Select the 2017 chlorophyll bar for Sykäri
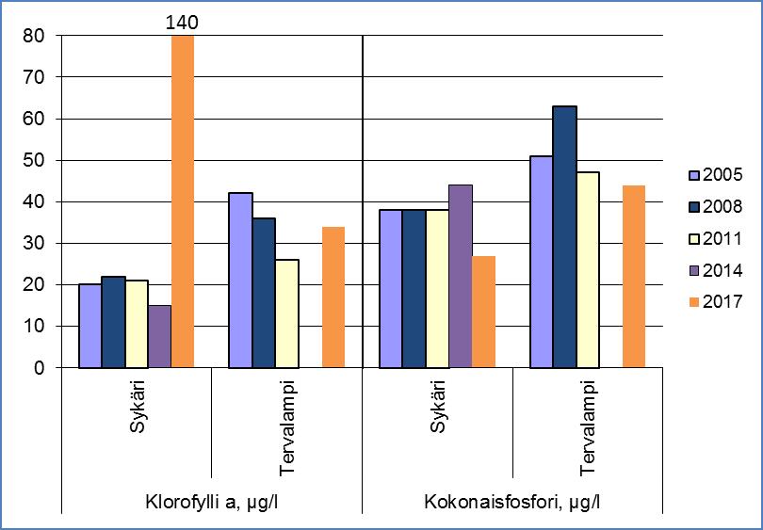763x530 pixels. point(182,201)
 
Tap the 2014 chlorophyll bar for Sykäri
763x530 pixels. point(159,336)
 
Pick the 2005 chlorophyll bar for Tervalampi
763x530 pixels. point(240,280)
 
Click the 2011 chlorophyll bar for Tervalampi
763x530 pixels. point(286,313)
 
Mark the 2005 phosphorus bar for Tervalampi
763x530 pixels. point(541,262)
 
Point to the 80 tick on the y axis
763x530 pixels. point(35,37)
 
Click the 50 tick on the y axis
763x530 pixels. point(35,161)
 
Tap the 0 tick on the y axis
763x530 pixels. point(40,368)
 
